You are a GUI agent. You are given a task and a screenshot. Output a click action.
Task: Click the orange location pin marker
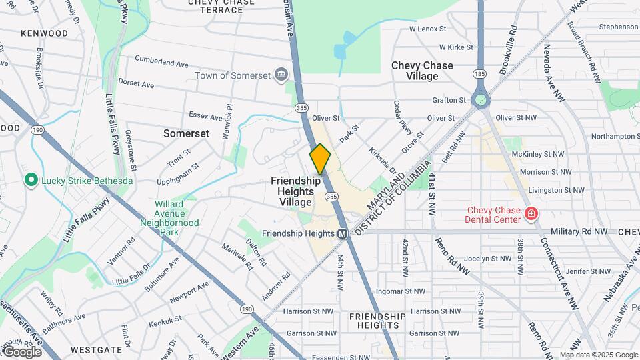(x=320, y=159)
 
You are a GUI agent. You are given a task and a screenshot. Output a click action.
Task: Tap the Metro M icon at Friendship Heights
(x=342, y=233)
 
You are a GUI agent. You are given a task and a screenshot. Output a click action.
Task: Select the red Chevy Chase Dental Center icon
(x=531, y=214)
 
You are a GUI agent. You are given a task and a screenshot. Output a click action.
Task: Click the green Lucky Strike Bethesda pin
(x=31, y=180)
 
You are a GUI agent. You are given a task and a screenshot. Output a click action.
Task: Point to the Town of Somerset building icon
(x=281, y=73)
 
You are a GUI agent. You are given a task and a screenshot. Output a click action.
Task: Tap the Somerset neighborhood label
(x=186, y=133)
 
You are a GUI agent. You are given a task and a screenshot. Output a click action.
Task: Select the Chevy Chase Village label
(x=422, y=71)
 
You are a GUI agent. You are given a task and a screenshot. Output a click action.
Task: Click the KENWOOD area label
(x=45, y=33)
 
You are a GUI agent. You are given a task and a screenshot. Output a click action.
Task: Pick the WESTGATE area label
(x=97, y=349)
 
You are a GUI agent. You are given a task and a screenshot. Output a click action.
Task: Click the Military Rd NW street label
(x=579, y=231)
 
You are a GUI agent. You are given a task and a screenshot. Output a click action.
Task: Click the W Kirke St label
(x=456, y=47)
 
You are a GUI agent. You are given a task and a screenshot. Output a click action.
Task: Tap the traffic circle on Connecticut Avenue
(x=480, y=101)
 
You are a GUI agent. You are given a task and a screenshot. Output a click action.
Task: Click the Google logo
(x=23, y=351)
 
